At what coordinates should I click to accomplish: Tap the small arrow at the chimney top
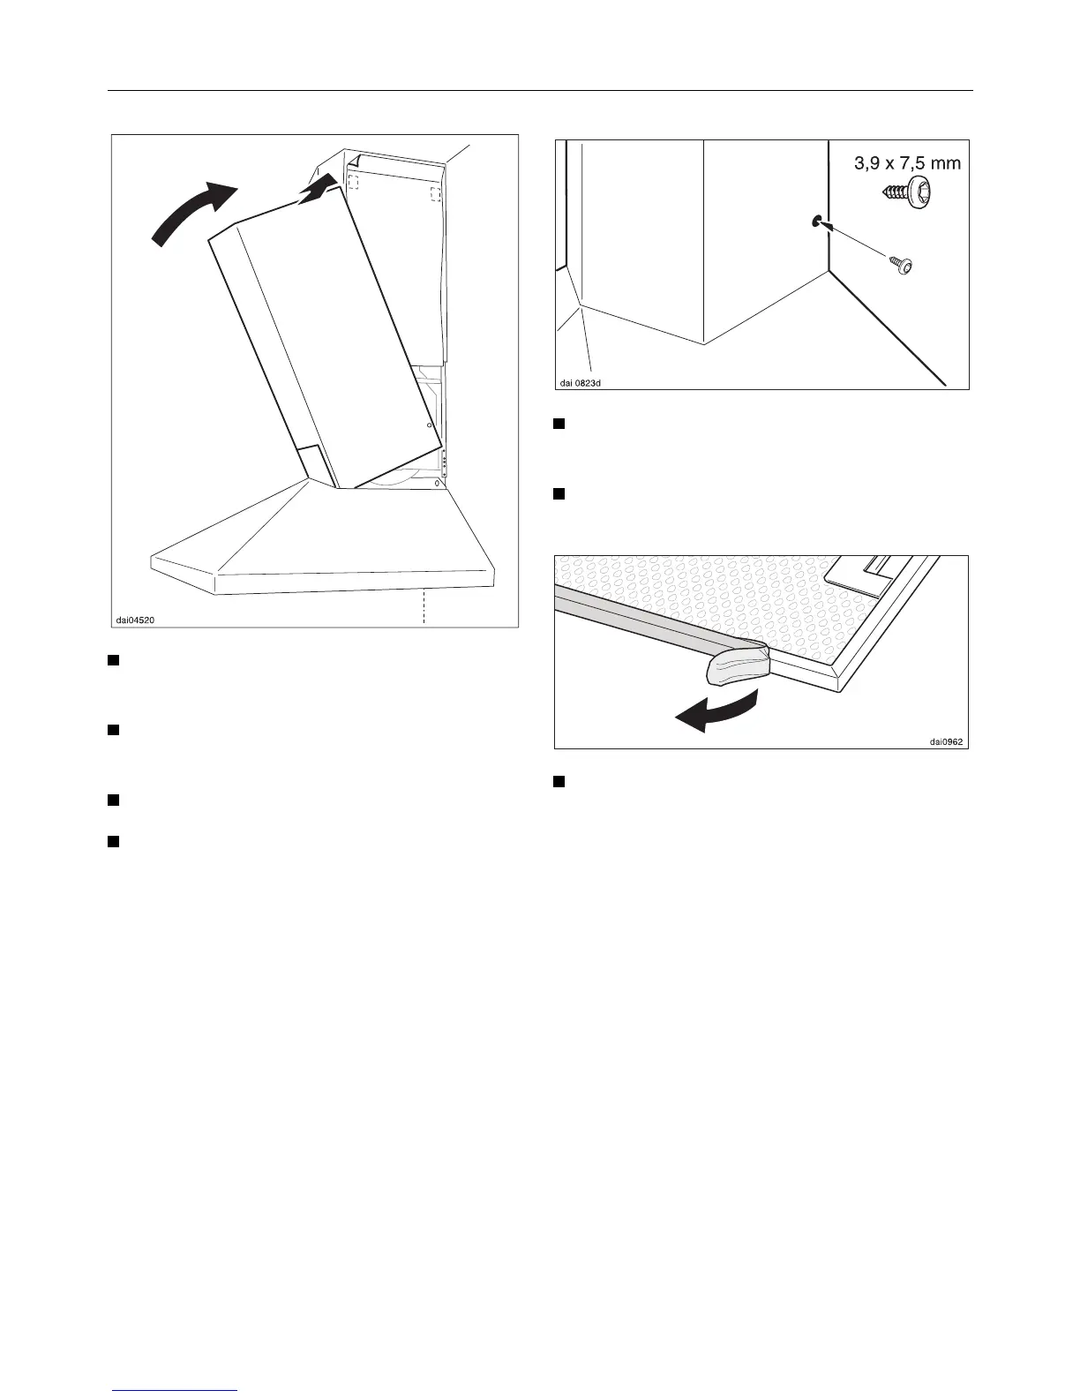tap(319, 188)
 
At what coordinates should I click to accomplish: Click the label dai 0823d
tap(586, 382)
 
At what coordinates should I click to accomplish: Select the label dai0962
tap(947, 741)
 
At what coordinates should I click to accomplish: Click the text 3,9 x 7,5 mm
tap(906, 162)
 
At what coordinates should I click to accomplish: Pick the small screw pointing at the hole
tap(901, 264)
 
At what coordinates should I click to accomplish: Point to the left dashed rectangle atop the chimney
tap(353, 181)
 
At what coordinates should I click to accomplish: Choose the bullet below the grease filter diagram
tap(558, 781)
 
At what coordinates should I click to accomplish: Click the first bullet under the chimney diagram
tap(113, 659)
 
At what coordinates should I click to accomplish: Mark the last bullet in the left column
tap(113, 840)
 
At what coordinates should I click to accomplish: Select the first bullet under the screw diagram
tap(558, 424)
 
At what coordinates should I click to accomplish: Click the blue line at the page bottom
tap(175, 1390)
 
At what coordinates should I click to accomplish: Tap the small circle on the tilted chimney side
tap(429, 425)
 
